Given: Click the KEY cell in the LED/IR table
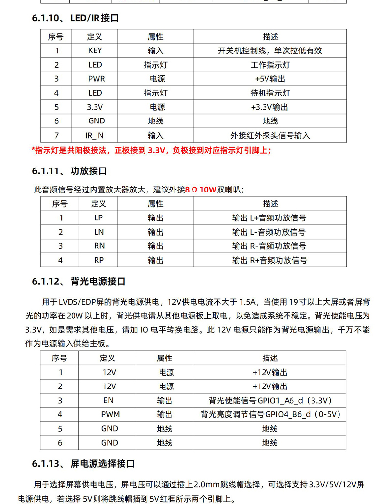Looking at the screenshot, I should point(95,50).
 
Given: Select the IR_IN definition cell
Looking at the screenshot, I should point(95,135).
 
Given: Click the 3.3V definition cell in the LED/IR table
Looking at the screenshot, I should point(96,107).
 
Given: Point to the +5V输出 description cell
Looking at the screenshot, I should point(270,79).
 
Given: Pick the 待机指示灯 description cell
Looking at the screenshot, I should point(270,93).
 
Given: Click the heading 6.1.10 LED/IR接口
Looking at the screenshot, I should point(75,19).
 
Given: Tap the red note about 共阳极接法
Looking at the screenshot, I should point(151,150).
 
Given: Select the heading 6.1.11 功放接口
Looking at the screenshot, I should point(70,171).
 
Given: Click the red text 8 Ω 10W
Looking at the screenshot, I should point(201,189).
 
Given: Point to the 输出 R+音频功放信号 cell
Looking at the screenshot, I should point(269,260).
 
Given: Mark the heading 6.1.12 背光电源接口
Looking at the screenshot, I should point(79,281).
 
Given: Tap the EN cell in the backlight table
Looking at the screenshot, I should point(109,400).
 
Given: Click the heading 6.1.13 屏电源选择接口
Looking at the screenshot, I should point(83,463).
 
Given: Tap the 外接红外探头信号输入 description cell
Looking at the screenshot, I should point(270,135).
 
